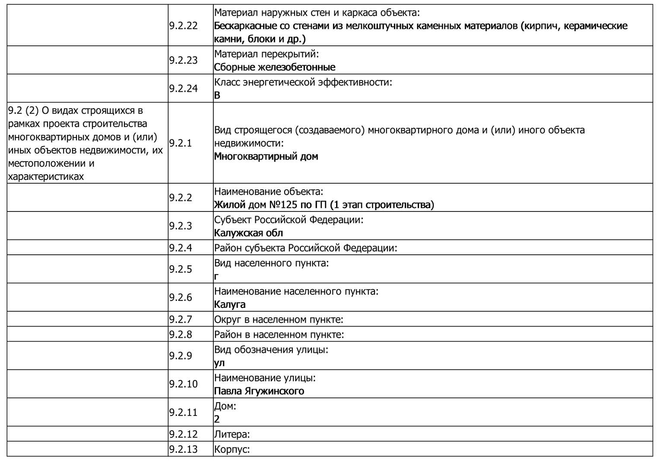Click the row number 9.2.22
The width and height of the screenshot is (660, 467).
[183, 26]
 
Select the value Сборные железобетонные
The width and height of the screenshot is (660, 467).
[274, 67]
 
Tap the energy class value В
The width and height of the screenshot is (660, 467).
[217, 96]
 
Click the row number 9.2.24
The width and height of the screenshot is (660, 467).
[183, 88]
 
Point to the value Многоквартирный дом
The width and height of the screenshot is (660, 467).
[266, 157]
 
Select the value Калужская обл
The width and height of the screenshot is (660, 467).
[248, 233]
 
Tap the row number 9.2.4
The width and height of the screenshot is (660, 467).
[181, 248]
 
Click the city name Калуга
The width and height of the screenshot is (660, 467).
[230, 304]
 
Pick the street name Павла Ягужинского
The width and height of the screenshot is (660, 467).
[259, 391]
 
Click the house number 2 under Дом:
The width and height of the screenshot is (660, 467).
[217, 419]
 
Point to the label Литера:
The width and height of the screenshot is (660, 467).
[232, 434]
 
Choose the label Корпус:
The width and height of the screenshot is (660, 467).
[232, 449]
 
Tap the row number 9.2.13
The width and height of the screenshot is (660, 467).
[183, 449]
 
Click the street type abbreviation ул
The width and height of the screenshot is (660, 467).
[219, 363]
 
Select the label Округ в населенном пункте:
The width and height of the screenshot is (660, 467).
[279, 320]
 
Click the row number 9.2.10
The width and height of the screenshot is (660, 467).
[183, 384]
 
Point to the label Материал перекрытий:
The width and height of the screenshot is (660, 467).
[267, 54]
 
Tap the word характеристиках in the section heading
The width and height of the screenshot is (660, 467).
[46, 176]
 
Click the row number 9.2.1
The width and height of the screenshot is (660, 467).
[181, 143]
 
